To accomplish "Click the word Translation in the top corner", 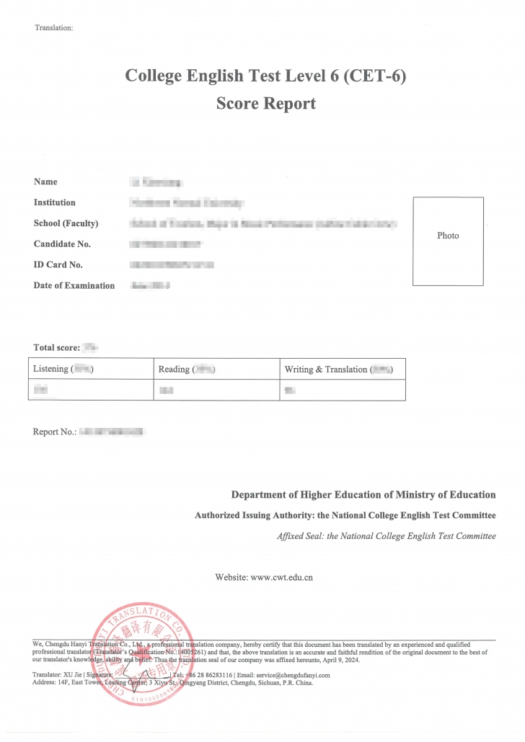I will (53, 28).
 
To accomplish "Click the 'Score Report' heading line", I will (265, 103).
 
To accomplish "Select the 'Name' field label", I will (45, 182).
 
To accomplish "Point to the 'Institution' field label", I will (54, 202).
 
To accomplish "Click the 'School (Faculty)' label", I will (66, 223).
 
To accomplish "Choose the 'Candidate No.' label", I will (62, 243).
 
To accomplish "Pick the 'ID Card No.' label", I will (58, 264).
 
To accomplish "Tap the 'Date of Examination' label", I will (74, 285).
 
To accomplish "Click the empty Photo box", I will (448, 241).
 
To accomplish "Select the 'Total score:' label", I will (56, 348).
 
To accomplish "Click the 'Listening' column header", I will (50, 369).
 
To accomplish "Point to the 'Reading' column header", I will (174, 369).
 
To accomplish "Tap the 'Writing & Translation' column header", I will (326, 369).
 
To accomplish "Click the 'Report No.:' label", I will (55, 432).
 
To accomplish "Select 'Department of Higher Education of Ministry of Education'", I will (363, 494).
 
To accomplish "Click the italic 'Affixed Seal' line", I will (386, 536).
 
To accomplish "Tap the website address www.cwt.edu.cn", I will (281, 577).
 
